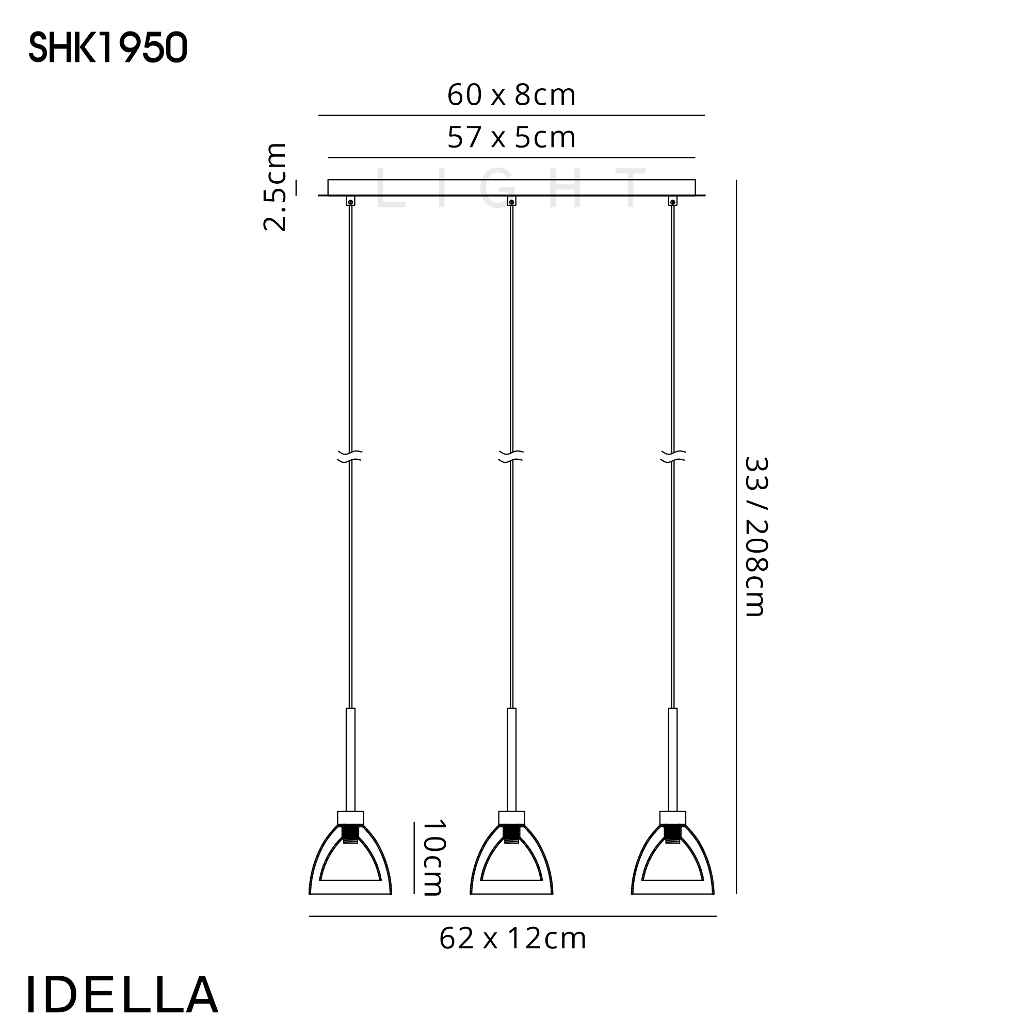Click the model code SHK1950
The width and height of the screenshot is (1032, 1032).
pos(108,47)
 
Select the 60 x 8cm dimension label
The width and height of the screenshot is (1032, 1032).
pos(511,95)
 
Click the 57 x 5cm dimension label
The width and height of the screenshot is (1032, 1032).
pos(511,138)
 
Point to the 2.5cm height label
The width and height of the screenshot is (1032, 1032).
pos(276,186)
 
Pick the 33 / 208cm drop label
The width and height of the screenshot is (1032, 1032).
pos(756,536)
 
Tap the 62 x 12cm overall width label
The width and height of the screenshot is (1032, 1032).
pos(513,939)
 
